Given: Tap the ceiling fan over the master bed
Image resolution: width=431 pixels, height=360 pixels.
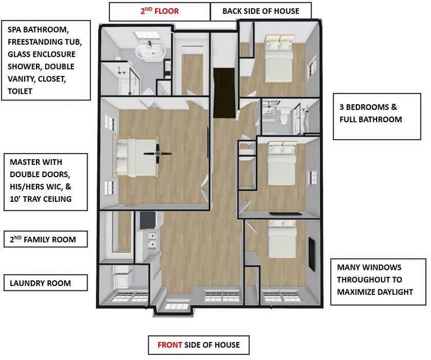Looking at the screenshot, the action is coord(158,154).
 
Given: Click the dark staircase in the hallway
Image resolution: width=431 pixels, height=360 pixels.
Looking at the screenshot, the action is coord(224,93).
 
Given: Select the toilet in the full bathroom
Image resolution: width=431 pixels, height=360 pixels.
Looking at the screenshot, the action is coord(284,114).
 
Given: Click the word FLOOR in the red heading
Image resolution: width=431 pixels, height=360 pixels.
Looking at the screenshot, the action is coord(166,11).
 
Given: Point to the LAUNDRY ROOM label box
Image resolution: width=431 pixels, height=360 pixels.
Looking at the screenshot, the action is coord(45,283).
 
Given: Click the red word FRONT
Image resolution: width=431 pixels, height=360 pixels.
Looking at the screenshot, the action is coord(169,345).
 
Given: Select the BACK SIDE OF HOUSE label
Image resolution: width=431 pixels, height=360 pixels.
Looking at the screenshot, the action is coord(261,11).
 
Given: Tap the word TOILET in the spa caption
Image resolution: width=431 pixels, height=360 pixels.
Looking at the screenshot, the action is coord(20,91).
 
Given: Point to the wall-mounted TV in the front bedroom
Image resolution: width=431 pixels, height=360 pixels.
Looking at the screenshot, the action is coord(311,255).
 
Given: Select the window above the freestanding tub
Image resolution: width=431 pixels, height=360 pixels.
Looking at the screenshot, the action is coord(147,35).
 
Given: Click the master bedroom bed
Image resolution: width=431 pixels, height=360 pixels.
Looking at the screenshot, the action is coord(135,158).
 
